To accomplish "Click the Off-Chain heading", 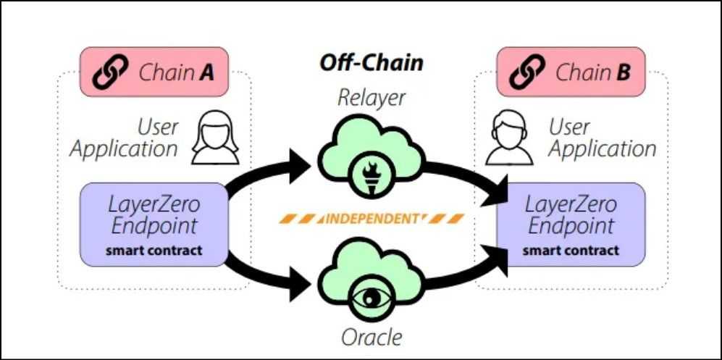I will point(372,62).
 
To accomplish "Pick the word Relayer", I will point(372,98).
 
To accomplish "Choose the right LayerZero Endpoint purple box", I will point(571,224).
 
